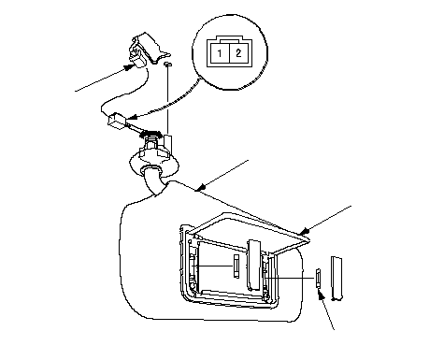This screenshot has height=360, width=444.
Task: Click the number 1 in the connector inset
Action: click(x=220, y=53)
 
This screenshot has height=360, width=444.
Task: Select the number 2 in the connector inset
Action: click(x=238, y=53)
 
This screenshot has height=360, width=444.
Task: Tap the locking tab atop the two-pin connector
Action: click(x=230, y=39)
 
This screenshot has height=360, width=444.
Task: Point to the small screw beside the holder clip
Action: click(x=168, y=64)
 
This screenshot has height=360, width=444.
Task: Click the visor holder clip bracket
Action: click(x=147, y=50)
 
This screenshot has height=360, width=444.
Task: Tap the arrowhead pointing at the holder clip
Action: click(x=128, y=67)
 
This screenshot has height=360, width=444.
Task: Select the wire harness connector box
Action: click(x=117, y=120)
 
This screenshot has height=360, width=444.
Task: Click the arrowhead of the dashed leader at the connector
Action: click(x=132, y=117)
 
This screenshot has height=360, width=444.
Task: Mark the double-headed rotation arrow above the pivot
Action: click(x=151, y=134)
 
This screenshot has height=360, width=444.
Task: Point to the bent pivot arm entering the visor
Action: click(x=152, y=180)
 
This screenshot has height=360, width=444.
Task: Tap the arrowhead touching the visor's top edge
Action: click(x=201, y=187)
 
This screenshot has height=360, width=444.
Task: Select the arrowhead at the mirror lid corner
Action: click(x=303, y=232)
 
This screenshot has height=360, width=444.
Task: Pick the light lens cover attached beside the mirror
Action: click(x=255, y=265)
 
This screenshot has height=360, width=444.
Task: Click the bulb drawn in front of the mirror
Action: click(x=236, y=266)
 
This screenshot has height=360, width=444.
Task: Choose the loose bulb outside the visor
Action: click(x=318, y=278)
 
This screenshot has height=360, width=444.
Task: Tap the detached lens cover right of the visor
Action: click(x=337, y=279)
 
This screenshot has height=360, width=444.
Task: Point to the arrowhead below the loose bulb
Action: click(x=320, y=294)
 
